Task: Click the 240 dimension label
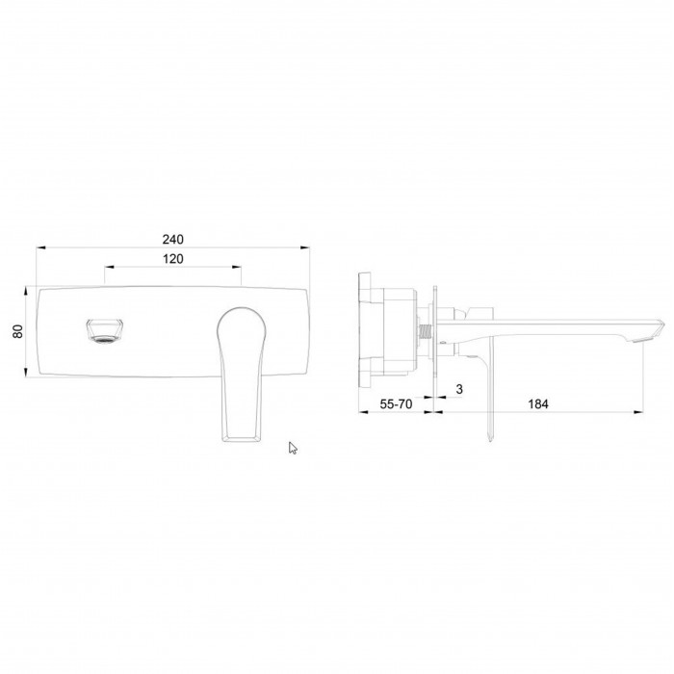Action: pos(172,239)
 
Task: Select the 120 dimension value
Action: pos(172,259)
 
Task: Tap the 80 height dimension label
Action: pos(18,331)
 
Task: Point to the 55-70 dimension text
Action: pos(396,404)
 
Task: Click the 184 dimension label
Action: pos(538,404)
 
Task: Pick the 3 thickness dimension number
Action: pos(459,389)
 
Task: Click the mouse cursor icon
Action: pos(293,448)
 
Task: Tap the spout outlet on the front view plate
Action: pos(105,331)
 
